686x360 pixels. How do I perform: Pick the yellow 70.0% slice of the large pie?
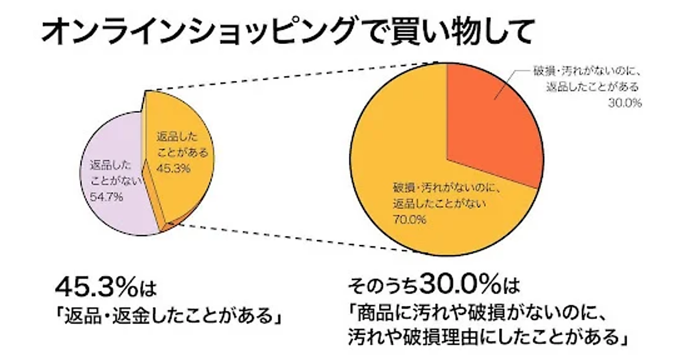(x=400, y=143)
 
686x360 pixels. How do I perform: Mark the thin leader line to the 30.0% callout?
(x=506, y=83)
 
